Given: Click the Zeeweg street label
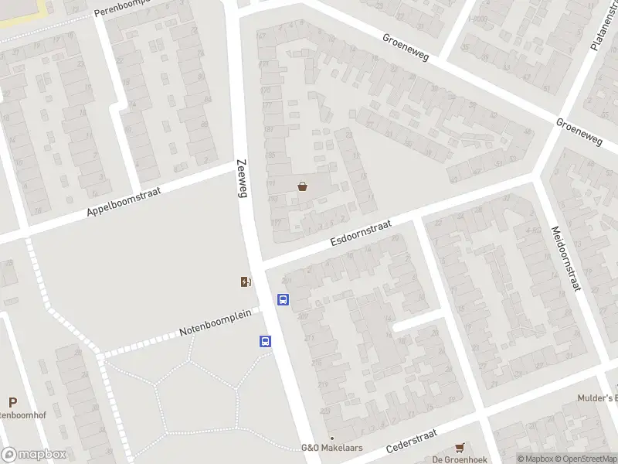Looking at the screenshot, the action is pos(241,179).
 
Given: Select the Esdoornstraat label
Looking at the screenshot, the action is pos(361,232).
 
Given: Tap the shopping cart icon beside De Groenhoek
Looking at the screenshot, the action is pos(460,447).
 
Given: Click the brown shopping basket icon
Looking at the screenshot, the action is pos(302,186).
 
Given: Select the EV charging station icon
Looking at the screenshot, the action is pos(246,282).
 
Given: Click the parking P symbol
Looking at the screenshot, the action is pos(12,402).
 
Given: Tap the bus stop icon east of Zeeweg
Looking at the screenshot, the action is pos(284,299).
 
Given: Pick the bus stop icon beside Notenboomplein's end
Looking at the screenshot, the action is pos(265,341).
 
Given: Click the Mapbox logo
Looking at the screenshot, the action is pos(33,455).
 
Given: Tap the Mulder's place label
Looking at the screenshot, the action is pos(597,398).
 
